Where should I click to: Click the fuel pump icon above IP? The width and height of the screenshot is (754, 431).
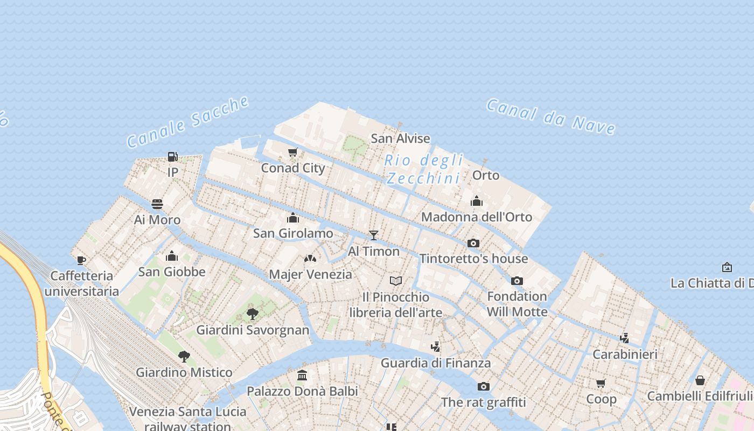[172, 157]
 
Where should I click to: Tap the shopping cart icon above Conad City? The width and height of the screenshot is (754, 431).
[292, 152]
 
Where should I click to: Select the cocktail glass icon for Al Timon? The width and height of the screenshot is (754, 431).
[373, 235]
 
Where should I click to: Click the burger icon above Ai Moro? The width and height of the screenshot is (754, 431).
[157, 204]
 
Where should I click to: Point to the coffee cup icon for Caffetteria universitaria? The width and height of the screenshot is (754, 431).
[81, 261]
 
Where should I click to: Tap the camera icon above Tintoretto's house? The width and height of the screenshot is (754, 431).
[473, 243]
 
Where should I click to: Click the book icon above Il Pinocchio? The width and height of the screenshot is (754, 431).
[396, 281]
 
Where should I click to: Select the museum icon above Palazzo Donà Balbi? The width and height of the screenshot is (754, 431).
[302, 375]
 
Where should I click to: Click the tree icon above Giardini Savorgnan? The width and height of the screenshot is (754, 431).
[252, 314]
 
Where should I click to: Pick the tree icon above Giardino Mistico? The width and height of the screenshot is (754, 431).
[184, 356]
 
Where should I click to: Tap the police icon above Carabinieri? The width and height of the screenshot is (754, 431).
[625, 338]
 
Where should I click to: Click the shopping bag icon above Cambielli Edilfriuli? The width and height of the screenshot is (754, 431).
[700, 380]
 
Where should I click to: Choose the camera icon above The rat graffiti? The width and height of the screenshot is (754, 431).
[484, 386]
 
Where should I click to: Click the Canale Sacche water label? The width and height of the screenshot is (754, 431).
[188, 122]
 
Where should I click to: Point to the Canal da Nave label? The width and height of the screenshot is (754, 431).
[550, 116]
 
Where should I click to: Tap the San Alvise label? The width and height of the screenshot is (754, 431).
[400, 138]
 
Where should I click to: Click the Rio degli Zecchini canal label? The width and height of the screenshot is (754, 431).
[424, 169]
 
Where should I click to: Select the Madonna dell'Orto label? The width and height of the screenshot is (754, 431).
[476, 217]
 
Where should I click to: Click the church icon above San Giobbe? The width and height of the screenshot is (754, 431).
[172, 256]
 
